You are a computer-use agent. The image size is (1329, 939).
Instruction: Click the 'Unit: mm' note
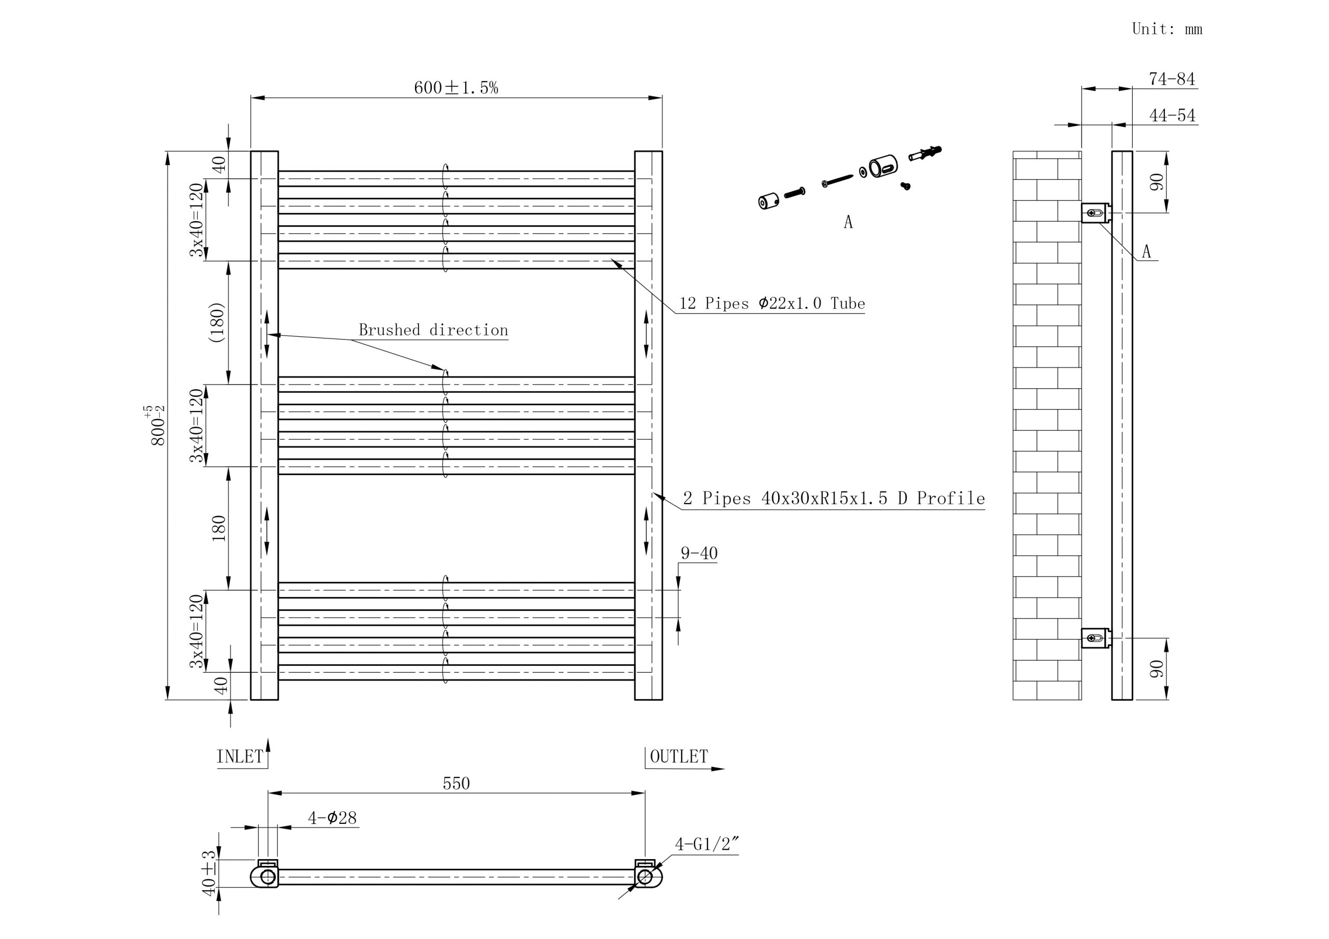(x=1167, y=29)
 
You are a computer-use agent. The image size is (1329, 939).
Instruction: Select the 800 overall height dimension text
(x=157, y=426)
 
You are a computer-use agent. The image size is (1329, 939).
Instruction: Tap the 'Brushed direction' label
(x=433, y=330)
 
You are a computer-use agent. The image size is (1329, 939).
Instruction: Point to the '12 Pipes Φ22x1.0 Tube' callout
(x=771, y=303)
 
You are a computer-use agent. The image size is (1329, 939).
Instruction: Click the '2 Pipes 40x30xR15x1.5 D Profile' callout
(x=834, y=498)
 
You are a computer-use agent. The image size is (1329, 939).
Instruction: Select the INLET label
(x=240, y=757)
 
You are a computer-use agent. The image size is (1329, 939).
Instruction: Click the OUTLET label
(x=679, y=757)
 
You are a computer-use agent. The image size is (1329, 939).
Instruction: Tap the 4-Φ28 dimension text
(x=332, y=818)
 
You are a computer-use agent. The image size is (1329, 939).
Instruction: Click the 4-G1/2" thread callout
(x=707, y=845)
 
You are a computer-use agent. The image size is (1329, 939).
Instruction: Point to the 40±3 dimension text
(x=209, y=873)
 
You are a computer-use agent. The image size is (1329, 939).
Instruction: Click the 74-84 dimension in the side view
(x=1172, y=79)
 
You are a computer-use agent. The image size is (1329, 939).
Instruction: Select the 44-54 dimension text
(x=1172, y=116)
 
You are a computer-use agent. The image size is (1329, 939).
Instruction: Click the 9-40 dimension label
(x=699, y=553)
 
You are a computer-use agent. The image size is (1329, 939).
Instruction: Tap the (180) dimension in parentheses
(x=217, y=322)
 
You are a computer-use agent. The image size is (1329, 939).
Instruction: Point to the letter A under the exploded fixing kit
(x=848, y=222)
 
